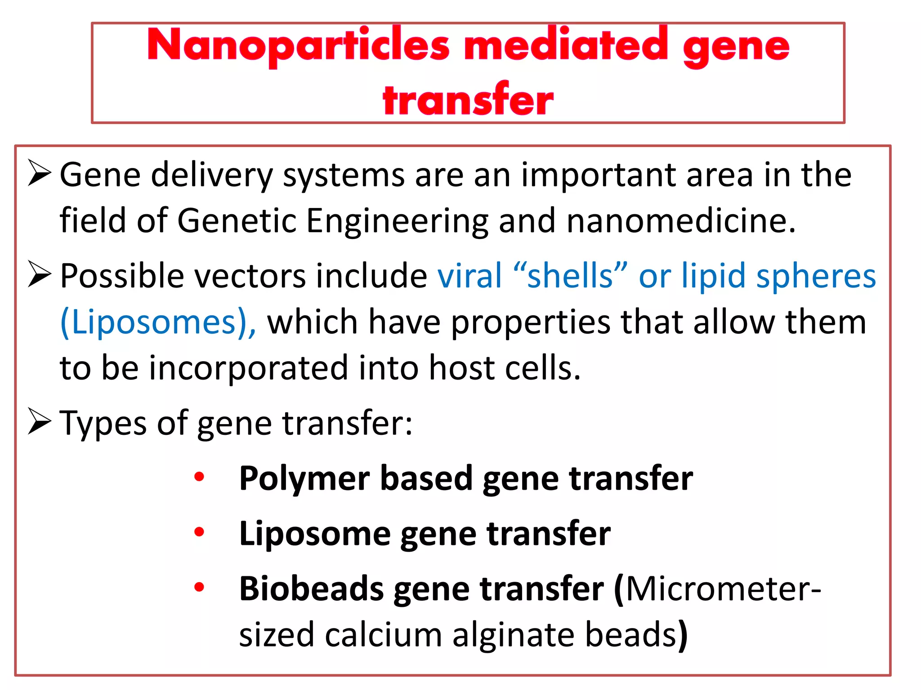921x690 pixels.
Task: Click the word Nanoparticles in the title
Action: tap(298, 45)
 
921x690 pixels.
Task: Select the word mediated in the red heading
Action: tap(566, 45)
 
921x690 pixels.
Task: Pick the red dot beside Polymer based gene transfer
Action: tap(199, 477)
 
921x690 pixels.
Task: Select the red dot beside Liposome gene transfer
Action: tap(199, 532)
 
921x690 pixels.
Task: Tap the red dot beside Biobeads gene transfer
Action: tap(199, 587)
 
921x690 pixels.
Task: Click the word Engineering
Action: tap(397, 221)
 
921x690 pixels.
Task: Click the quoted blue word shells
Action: tap(570, 275)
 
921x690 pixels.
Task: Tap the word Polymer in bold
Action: tap(305, 478)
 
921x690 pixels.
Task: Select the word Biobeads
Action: tap(312, 588)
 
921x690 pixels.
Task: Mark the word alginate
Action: tap(513, 635)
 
